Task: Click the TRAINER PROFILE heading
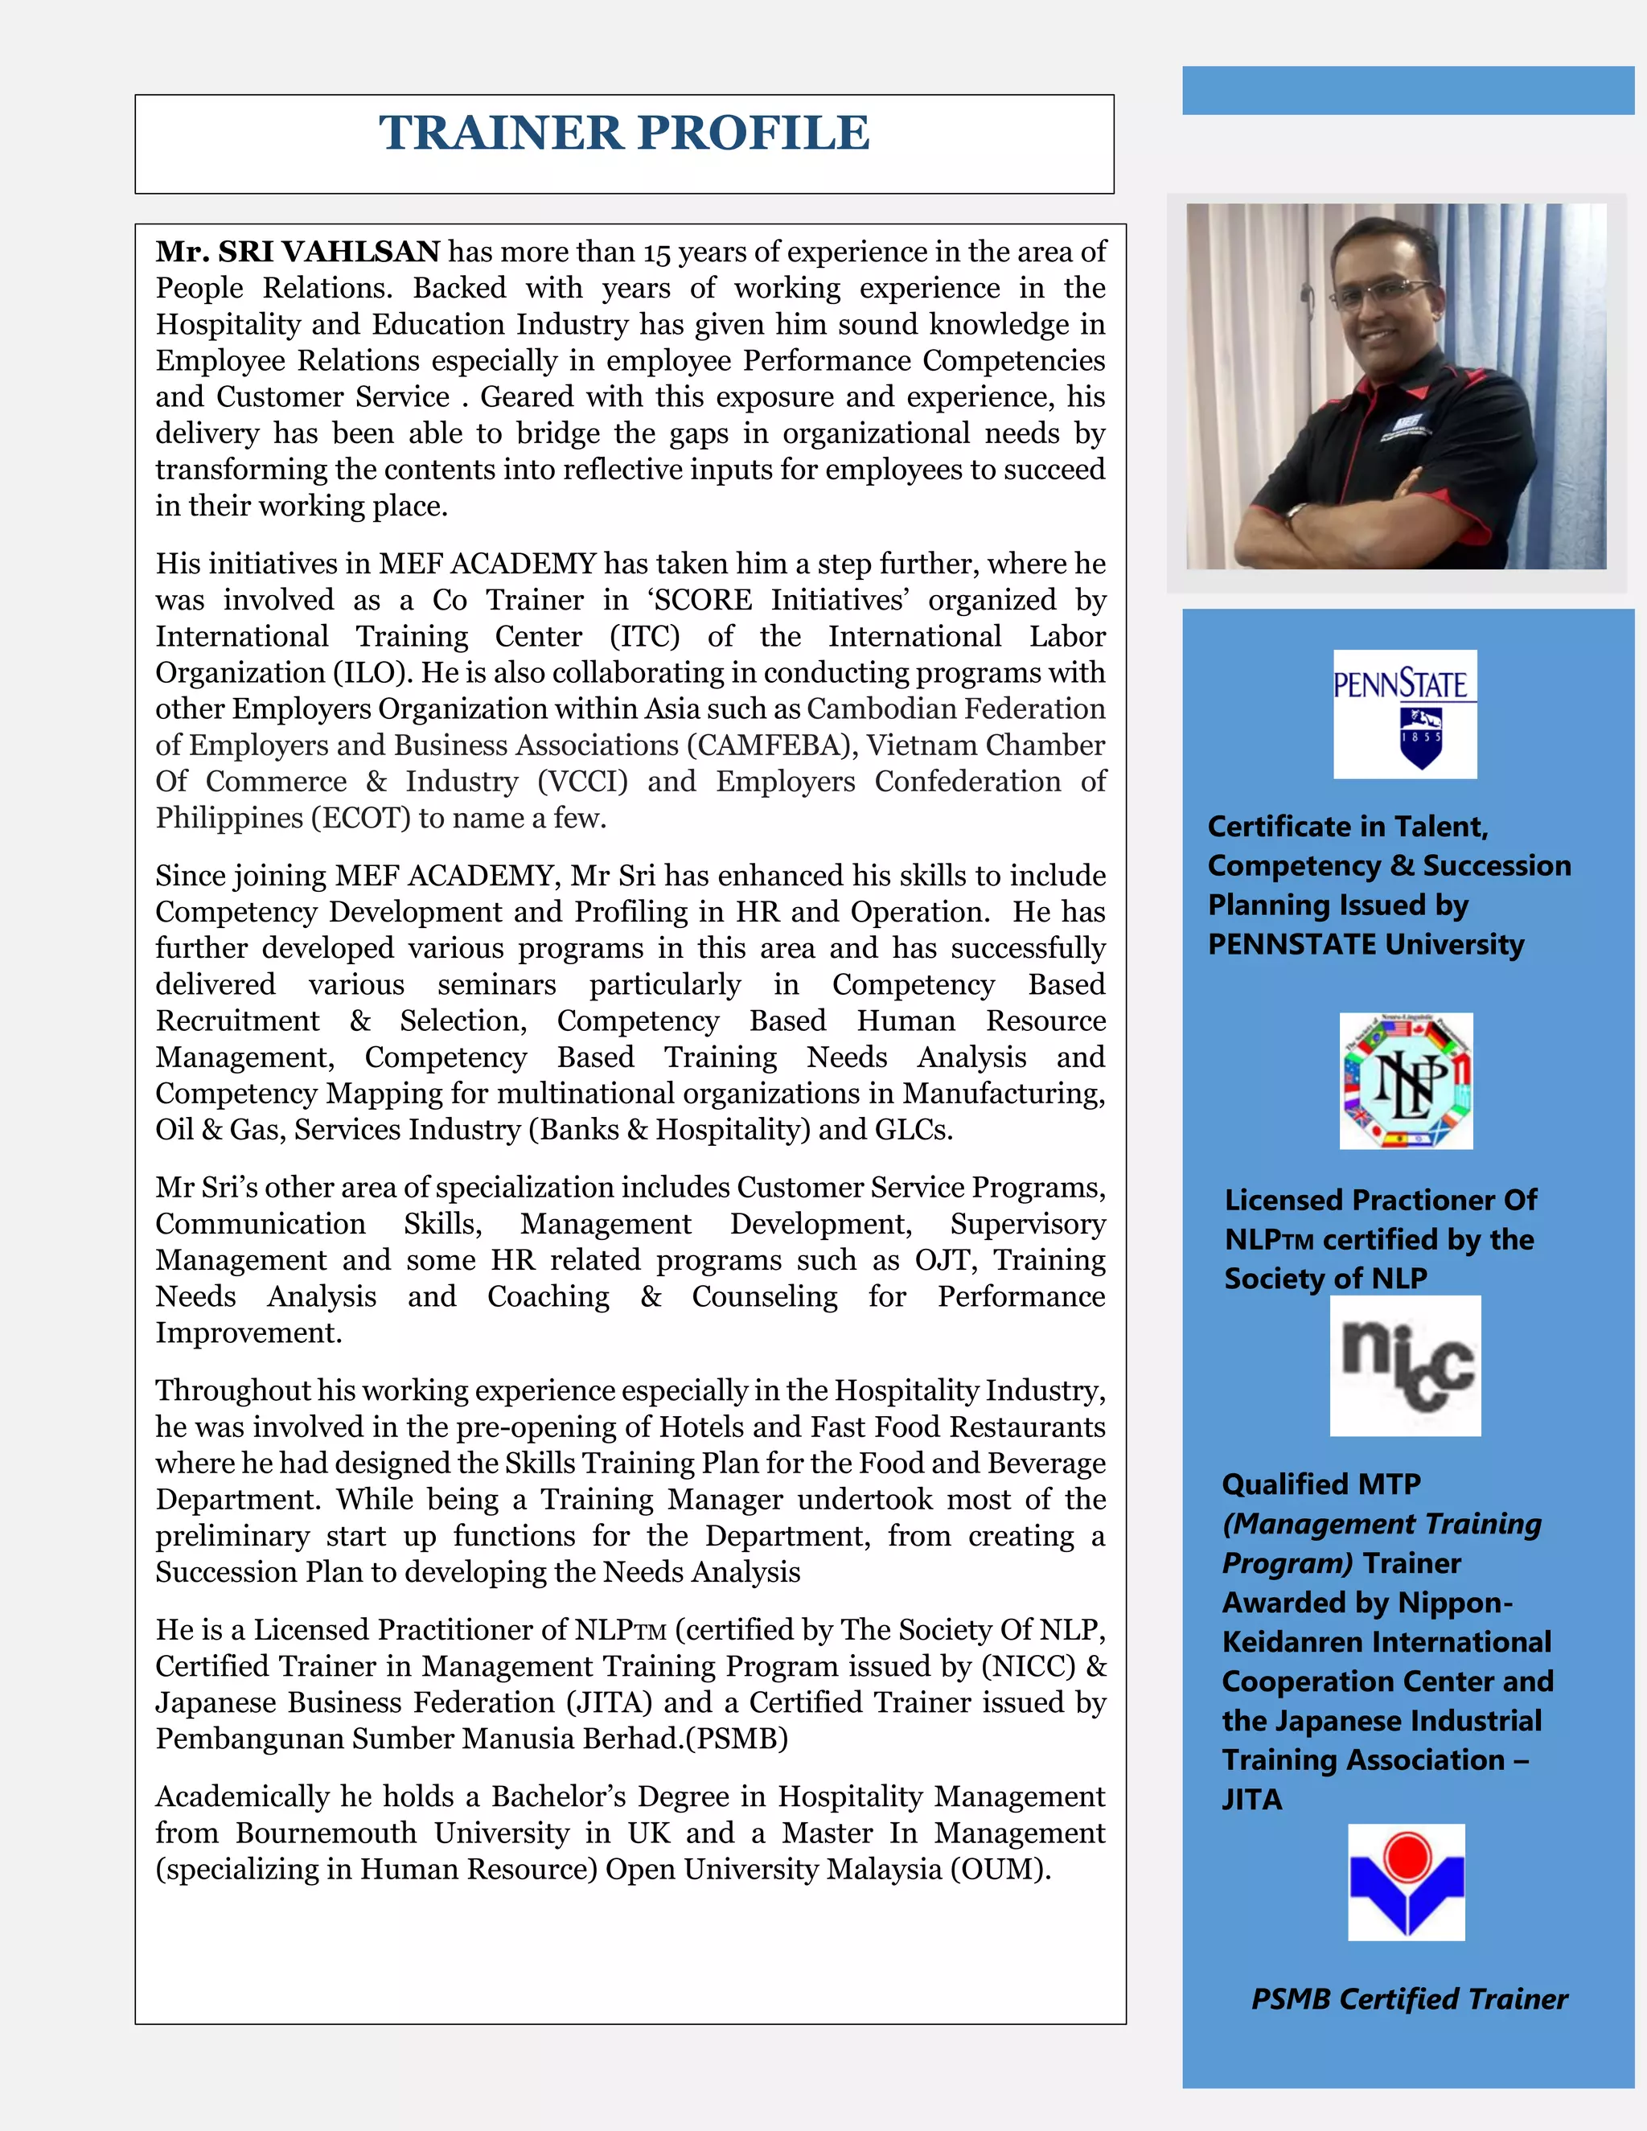tap(623, 133)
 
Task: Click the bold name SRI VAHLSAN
tap(329, 252)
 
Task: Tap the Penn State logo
tap(1405, 714)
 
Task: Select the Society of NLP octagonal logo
tap(1406, 1081)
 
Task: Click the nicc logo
tap(1405, 1365)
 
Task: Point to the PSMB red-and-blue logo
tap(1406, 1883)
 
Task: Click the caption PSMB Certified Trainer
tap(1409, 1999)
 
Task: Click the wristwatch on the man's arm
tap(1296, 512)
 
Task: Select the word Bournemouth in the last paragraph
tap(326, 1833)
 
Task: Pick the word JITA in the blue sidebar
tap(1252, 1798)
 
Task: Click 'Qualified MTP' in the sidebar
tap(1321, 1484)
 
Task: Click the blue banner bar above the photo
tap(1407, 91)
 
